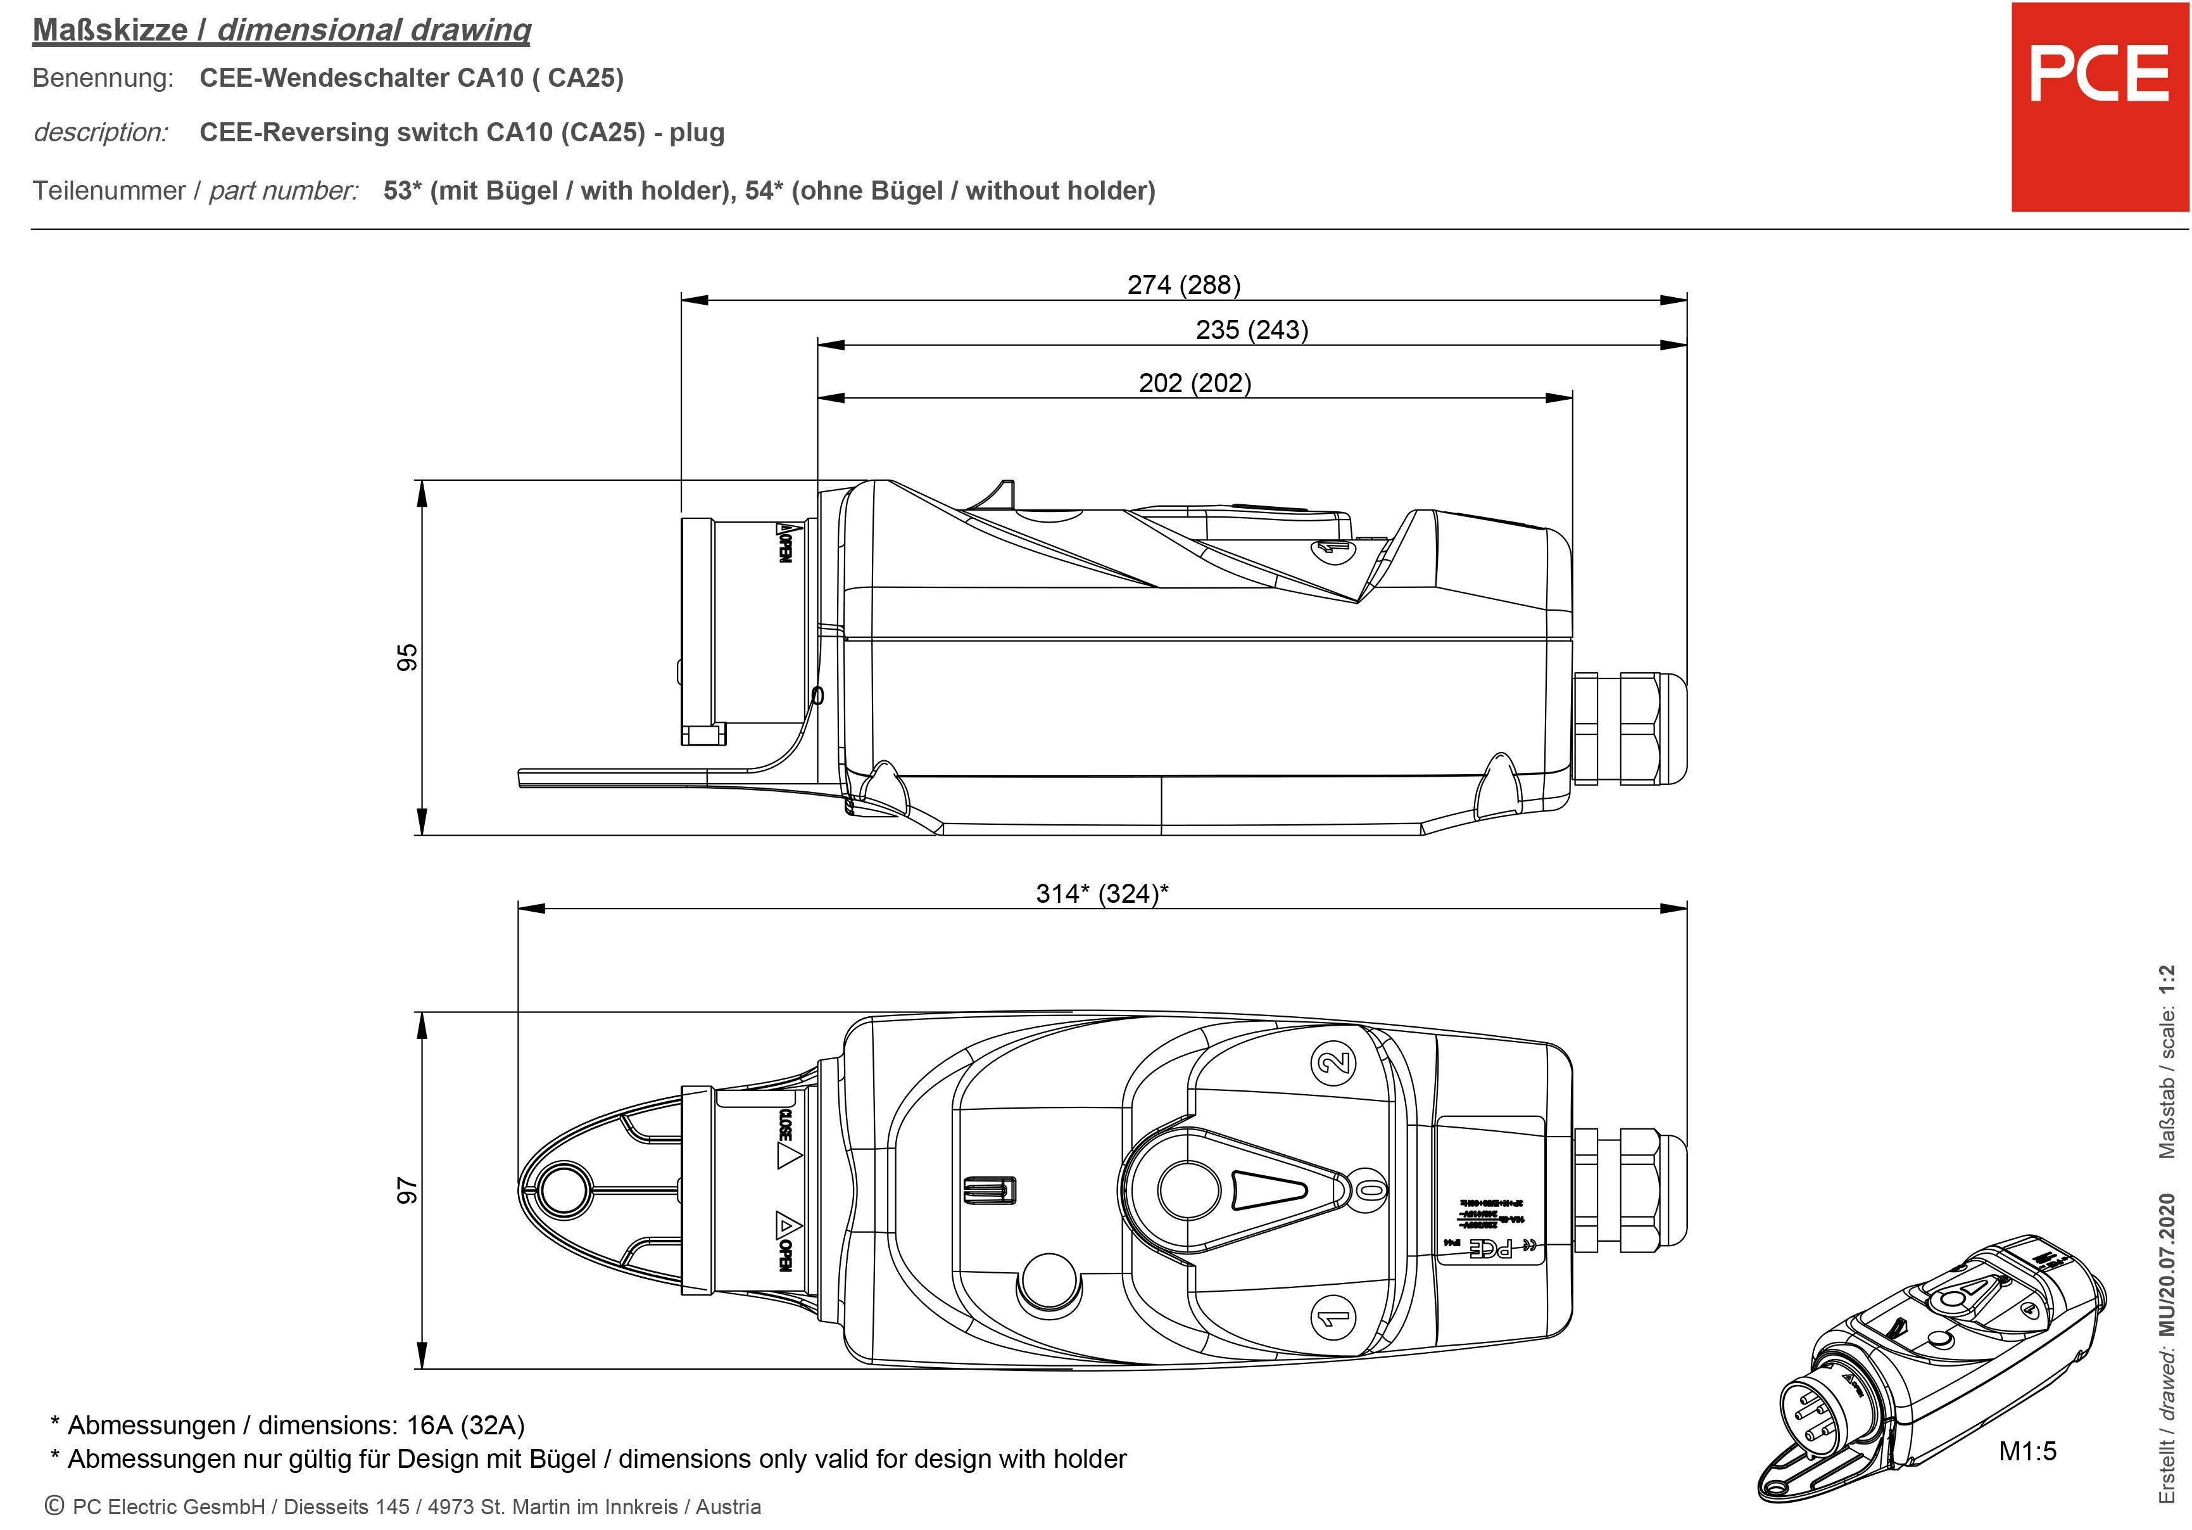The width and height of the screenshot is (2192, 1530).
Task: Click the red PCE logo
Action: [2100, 107]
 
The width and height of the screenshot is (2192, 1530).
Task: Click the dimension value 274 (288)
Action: [1184, 284]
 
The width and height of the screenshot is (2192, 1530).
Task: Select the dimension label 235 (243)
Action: [1252, 329]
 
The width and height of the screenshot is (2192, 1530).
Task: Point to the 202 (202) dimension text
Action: [1194, 383]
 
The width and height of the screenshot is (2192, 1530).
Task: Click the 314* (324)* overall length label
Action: [1102, 893]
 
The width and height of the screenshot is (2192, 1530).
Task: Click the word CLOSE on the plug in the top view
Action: [784, 1125]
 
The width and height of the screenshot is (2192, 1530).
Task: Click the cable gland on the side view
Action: [1628, 728]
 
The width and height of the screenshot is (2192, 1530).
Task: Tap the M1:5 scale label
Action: [2027, 1451]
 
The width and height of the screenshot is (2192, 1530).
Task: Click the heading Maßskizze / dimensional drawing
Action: [282, 30]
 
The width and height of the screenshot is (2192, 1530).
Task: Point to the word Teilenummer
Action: [109, 191]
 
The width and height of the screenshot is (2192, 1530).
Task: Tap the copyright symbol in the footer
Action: [54, 1506]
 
